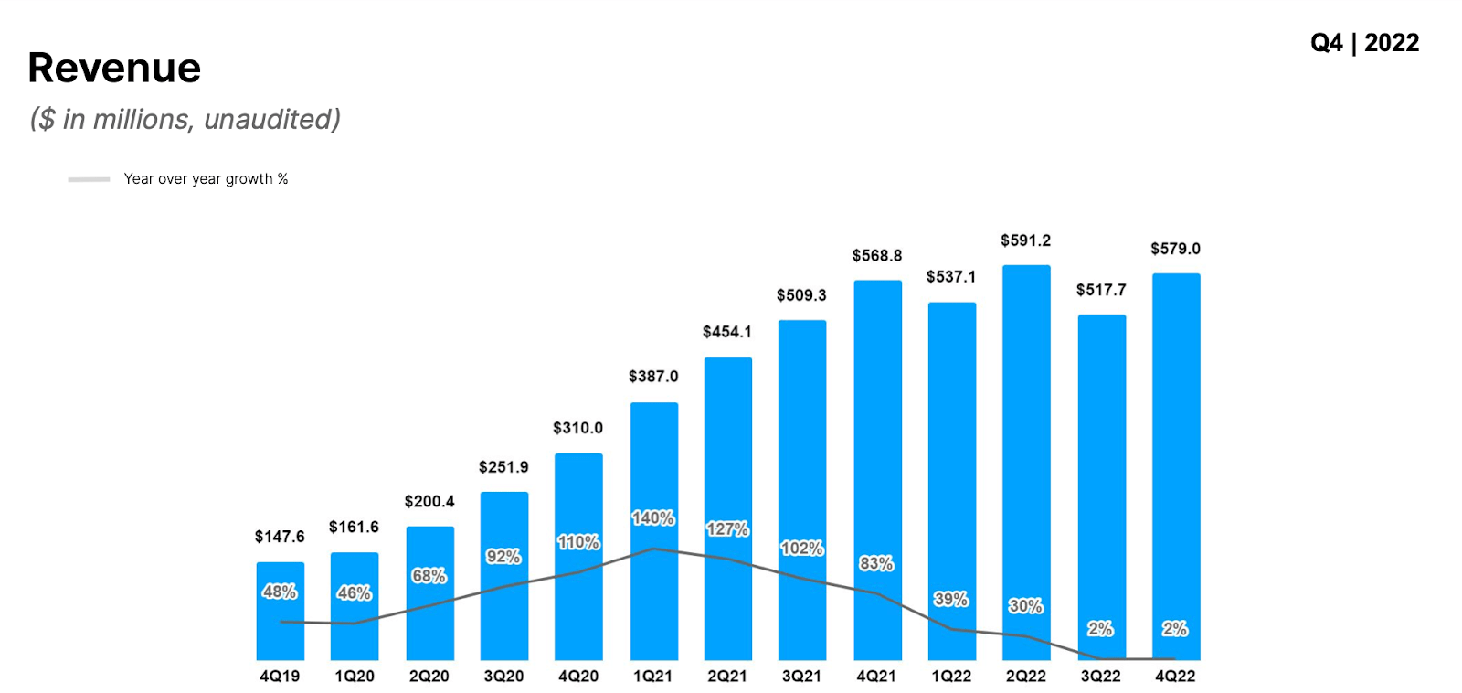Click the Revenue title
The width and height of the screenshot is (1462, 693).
[x=114, y=68]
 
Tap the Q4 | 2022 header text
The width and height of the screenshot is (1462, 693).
[x=1364, y=43]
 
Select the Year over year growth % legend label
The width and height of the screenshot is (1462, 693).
[x=206, y=179]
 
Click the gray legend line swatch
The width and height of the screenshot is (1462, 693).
[x=89, y=179]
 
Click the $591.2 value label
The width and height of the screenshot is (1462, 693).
[x=1025, y=240]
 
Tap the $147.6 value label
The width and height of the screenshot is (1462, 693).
[x=280, y=537]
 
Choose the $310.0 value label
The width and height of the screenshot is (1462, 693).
[x=577, y=428]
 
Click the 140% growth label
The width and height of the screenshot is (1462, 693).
[x=653, y=518]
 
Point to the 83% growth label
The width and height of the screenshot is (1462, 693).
[x=876, y=564]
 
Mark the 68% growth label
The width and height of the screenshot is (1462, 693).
[x=429, y=576]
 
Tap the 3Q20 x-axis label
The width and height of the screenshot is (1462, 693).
[x=503, y=677]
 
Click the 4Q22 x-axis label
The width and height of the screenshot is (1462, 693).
[x=1175, y=677]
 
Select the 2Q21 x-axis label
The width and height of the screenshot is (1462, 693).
[x=727, y=677]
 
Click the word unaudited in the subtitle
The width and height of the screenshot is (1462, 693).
[x=271, y=120]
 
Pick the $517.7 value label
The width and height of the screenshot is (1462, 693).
[x=1101, y=290]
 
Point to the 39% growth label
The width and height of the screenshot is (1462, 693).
[x=951, y=600]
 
